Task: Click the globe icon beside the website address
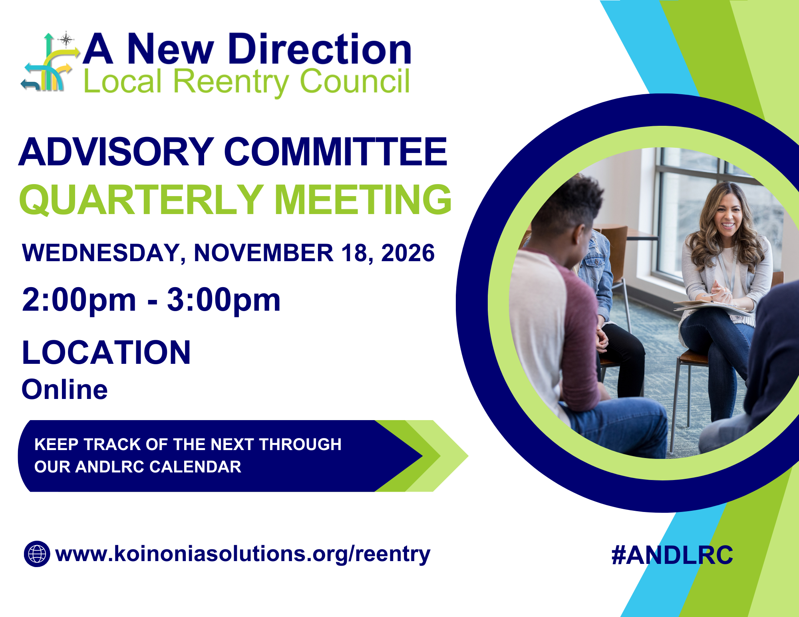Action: [37, 554]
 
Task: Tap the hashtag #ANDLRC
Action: [672, 555]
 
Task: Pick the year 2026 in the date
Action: [408, 253]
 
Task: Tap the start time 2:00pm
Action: [79, 300]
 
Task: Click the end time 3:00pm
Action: [224, 300]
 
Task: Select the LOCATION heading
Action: [106, 353]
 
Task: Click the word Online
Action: [65, 390]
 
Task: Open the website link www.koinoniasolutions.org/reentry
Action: [242, 554]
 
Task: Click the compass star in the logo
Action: [66, 40]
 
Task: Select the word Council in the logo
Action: [354, 82]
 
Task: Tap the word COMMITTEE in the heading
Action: [336, 152]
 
